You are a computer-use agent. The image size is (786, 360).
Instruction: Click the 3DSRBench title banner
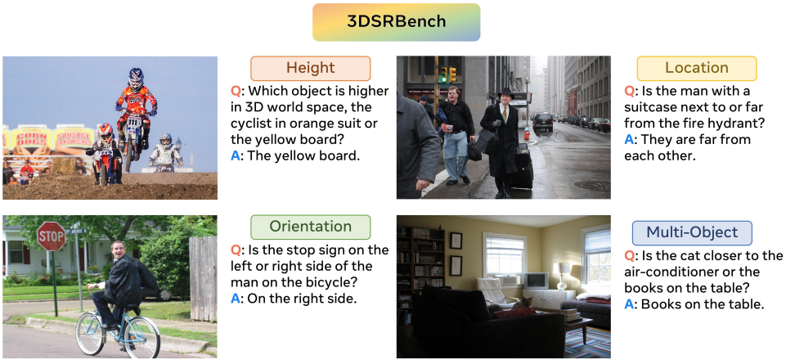[x=396, y=22]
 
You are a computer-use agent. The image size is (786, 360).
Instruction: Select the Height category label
[x=310, y=68]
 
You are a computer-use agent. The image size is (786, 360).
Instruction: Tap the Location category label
[x=696, y=68]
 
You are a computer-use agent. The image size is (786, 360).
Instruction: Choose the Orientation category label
[x=310, y=227]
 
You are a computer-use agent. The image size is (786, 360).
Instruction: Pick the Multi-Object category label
[x=692, y=232]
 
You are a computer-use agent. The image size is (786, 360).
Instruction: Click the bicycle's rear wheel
[x=92, y=334]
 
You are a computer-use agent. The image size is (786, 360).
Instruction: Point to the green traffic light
[x=442, y=74]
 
